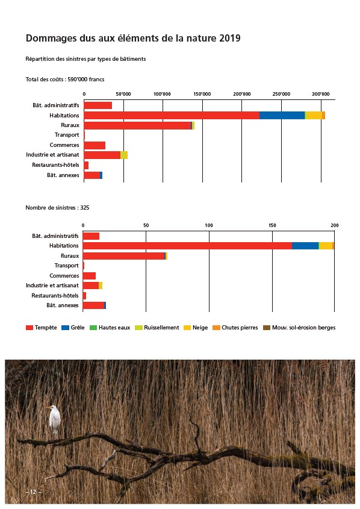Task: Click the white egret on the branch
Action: (54, 419)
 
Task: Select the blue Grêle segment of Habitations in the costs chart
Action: (282, 115)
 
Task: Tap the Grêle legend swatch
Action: (65, 328)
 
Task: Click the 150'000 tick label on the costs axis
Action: (202, 94)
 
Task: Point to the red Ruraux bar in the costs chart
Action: (137, 125)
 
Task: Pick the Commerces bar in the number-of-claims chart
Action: (89, 276)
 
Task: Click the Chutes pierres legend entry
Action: (235, 328)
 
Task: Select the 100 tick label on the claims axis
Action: (209, 225)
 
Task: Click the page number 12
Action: (33, 492)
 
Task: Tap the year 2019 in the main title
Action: (229, 39)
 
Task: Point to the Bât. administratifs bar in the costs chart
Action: (98, 105)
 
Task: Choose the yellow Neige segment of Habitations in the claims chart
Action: (326, 246)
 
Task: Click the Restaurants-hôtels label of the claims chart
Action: (55, 295)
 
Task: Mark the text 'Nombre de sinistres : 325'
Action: (57, 207)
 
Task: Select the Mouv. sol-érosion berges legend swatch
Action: (266, 328)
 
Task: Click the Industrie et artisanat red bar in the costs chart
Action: (102, 155)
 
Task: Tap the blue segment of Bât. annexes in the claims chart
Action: (105, 305)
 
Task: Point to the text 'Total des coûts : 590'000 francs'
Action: (65, 79)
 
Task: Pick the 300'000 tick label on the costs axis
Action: (321, 94)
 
